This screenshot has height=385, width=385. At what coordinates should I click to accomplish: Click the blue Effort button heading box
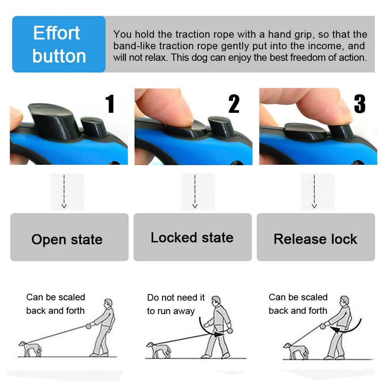[x=59, y=44]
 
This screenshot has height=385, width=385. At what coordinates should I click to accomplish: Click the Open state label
[x=67, y=239]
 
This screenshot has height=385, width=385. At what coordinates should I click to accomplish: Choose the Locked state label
[x=192, y=238]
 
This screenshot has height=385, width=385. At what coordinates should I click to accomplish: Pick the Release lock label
[x=315, y=239]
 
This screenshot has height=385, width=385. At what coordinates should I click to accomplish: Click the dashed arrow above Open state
[x=64, y=192]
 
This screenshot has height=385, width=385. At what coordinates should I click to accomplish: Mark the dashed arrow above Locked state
[x=195, y=192]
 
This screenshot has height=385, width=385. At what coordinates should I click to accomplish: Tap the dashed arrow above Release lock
[x=314, y=192]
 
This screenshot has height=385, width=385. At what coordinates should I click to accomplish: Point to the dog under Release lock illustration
[x=296, y=350]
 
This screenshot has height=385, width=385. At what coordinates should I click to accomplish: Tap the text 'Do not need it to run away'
[x=176, y=304]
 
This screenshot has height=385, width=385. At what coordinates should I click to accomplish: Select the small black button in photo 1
[x=94, y=127]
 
